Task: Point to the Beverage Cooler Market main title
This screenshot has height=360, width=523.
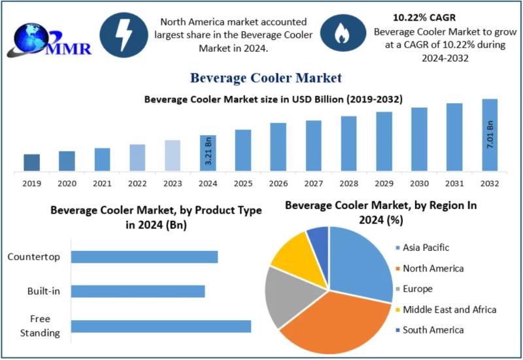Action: pos(265,78)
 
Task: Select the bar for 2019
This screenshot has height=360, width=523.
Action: pos(31,163)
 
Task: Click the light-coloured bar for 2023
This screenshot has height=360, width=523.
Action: pos(172,156)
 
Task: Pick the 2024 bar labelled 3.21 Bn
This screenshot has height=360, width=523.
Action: pos(207,154)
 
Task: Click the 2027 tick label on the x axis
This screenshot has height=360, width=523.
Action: pos(313,184)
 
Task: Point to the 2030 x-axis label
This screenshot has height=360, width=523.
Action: pos(419,184)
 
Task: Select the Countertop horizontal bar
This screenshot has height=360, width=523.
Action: pos(144,257)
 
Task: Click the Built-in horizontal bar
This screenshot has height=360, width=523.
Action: pos(137,291)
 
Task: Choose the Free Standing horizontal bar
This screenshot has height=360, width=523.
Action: pos(160,326)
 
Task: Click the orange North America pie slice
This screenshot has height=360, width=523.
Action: pos(333,320)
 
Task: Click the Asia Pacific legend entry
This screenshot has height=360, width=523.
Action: pos(426,248)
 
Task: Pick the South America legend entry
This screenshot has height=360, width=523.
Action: pos(432,330)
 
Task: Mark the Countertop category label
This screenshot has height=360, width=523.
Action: pos(33,257)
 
